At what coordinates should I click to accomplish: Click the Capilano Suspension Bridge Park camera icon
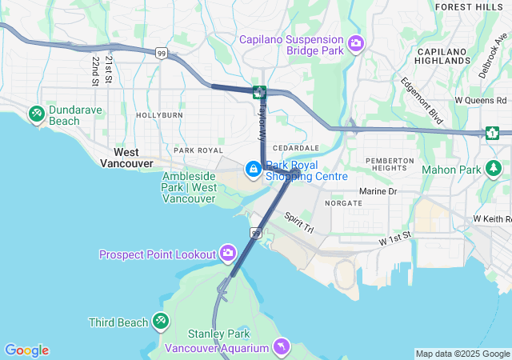tap(355, 42)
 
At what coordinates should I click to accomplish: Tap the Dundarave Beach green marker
tap(36, 114)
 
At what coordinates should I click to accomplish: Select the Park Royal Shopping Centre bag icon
tap(254, 169)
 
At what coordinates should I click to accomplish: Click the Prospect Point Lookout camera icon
tap(229, 254)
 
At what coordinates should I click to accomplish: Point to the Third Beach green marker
tap(161, 322)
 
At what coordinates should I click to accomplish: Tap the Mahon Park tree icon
tap(495, 169)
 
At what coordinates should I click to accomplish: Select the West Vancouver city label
tap(126, 158)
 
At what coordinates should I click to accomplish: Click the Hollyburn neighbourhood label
tap(159, 115)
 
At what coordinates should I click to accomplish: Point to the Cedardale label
tap(295, 148)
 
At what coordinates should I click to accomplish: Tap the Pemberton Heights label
tap(390, 166)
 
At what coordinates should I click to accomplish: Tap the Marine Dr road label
tap(378, 192)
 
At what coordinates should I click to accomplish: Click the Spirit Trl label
tap(300, 222)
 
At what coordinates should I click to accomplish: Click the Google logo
tap(26, 350)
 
